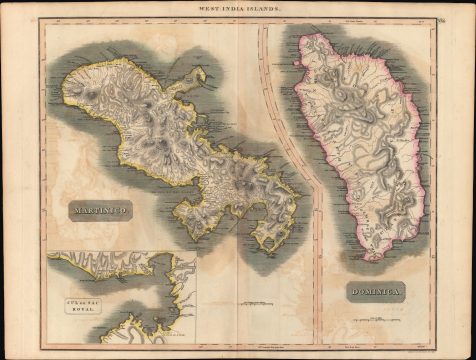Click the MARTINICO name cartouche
pos(100,211)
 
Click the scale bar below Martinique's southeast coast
pos(255,300)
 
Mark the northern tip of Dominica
pos(345,37)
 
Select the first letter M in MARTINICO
pos(74,212)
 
